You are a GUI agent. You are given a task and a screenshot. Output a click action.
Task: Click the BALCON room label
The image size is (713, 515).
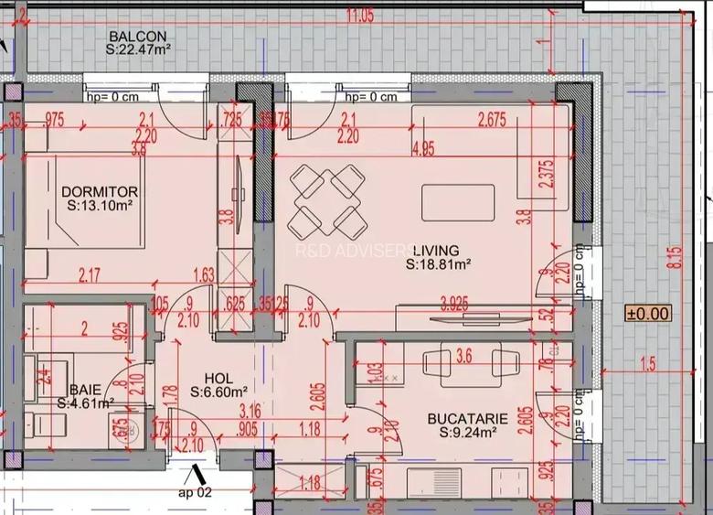(x=137, y=37)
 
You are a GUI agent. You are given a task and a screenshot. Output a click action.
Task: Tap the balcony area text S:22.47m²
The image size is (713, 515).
(x=139, y=51)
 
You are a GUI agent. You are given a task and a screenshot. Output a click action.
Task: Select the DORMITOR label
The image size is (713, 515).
(x=100, y=192)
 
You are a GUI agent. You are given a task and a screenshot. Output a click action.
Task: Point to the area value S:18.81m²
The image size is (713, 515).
(x=438, y=264)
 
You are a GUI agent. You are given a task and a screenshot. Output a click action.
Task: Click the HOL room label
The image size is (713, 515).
(x=218, y=377)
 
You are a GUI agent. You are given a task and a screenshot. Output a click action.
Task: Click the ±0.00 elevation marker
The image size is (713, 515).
(x=648, y=313)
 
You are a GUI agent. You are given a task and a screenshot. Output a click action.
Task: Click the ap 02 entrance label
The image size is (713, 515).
(x=194, y=491)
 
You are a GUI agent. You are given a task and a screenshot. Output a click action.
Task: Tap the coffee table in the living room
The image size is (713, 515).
(x=458, y=202)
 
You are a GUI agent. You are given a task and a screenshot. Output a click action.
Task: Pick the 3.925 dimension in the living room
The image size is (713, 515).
(x=455, y=301)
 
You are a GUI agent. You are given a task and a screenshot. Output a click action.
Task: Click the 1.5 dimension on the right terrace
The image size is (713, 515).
(x=648, y=365)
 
